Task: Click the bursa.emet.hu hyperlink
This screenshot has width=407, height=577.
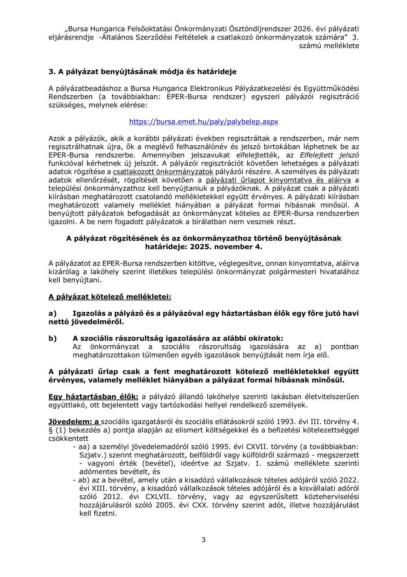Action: click(x=203, y=122)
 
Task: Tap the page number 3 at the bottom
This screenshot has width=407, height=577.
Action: click(x=203, y=540)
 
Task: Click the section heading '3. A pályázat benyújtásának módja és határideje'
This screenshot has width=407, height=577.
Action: click(x=142, y=72)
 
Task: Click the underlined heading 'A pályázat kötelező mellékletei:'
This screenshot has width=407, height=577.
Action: click(x=110, y=296)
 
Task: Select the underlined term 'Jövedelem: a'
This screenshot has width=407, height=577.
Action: click(x=74, y=422)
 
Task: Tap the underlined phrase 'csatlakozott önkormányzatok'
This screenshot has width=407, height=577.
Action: click(x=163, y=172)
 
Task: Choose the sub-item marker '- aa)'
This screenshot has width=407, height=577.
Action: click(x=81, y=447)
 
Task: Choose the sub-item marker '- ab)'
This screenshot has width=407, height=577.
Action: click(x=81, y=480)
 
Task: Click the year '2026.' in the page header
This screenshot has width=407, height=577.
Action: click(x=304, y=29)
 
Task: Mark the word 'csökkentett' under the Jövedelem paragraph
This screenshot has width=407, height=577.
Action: click(x=68, y=438)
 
